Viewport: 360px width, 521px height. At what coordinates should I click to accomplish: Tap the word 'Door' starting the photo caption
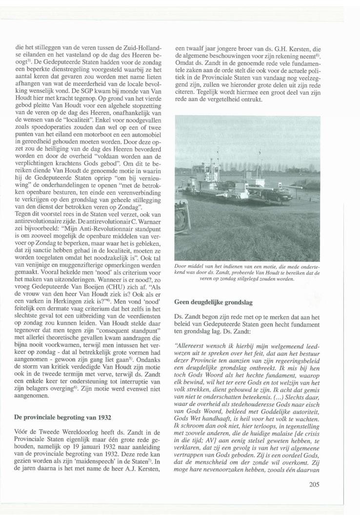coord(179,266)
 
